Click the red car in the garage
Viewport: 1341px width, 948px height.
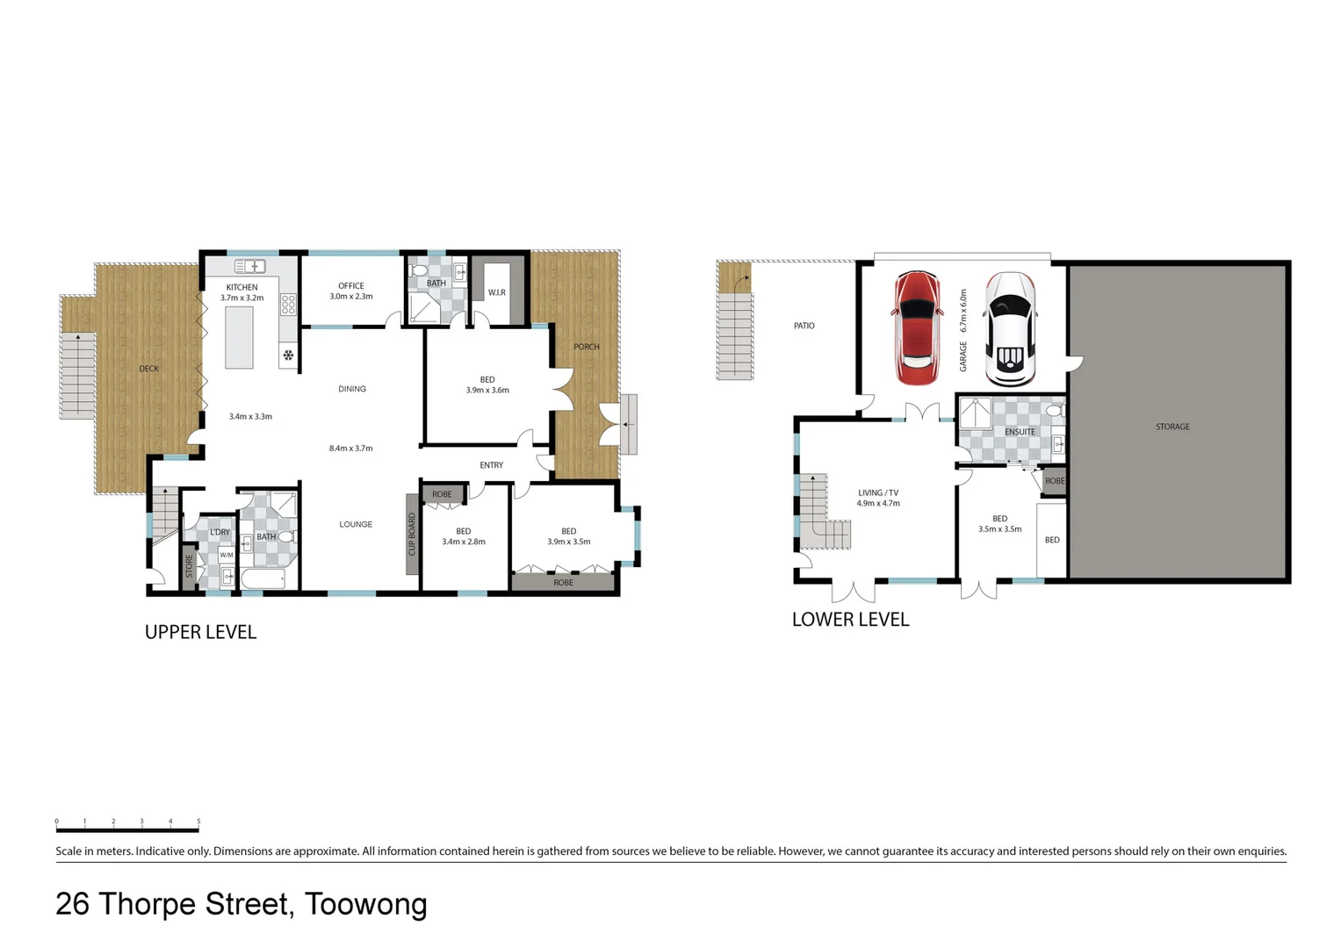[916, 328]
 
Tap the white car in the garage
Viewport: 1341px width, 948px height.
[1008, 329]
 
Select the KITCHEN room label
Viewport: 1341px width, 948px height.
[242, 287]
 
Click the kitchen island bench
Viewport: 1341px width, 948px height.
[239, 337]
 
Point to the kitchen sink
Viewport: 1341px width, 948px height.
[249, 266]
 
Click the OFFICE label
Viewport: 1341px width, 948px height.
[351, 285]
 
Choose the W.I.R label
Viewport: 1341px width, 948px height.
[496, 292]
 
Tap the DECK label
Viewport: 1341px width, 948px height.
[149, 369]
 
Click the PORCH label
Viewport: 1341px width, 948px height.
[587, 347]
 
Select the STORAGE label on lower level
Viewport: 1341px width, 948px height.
[1172, 427]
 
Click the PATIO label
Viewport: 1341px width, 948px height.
[804, 326]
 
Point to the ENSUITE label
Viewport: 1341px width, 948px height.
[1020, 432]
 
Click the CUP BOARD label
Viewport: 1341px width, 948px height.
[412, 535]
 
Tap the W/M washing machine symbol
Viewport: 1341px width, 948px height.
[227, 555]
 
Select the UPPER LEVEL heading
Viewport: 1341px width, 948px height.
[200, 632]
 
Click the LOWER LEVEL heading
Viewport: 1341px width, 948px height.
[850, 620]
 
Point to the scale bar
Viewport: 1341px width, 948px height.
[127, 826]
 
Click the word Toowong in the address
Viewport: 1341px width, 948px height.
[366, 904]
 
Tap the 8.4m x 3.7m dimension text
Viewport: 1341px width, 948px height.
[350, 448]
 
